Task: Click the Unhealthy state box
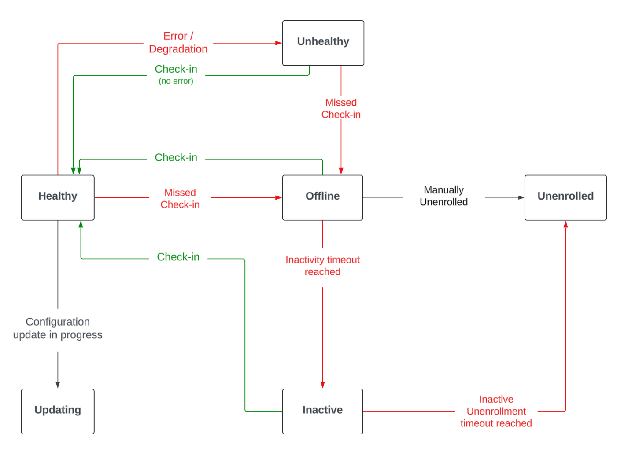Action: tap(323, 43)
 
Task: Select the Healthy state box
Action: tap(58, 197)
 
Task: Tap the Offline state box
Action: tap(322, 197)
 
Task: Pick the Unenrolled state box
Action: tap(565, 197)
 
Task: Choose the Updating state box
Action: tap(58, 411)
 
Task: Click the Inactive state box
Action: tap(322, 411)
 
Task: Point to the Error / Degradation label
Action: tap(178, 43)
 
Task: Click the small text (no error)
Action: tap(176, 81)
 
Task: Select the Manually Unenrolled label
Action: tap(443, 196)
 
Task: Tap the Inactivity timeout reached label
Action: tap(322, 266)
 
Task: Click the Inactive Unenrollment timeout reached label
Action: tap(496, 411)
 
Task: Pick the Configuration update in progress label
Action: tap(58, 328)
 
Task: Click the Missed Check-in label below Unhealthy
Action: tap(341, 108)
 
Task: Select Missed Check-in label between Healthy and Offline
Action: tap(180, 199)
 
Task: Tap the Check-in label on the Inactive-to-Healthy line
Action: tap(178, 257)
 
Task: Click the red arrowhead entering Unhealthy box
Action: tap(278, 43)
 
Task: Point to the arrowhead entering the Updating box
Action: tap(58, 385)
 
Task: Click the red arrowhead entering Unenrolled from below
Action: tap(565, 224)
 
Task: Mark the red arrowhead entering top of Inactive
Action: tap(322, 385)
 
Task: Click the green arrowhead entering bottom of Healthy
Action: tap(81, 224)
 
